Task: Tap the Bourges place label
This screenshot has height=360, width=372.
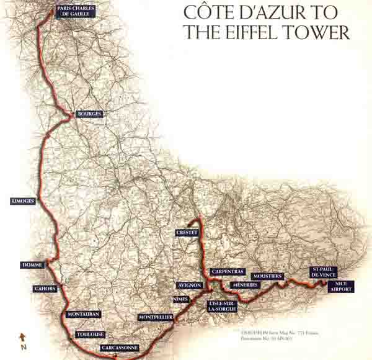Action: tap(89, 114)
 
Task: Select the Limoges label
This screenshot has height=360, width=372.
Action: tap(23, 201)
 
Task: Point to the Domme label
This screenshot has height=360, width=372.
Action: tap(32, 265)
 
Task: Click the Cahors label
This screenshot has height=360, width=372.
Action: tap(45, 289)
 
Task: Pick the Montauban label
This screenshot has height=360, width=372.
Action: tap(83, 315)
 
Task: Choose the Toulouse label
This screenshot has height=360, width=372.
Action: tap(90, 334)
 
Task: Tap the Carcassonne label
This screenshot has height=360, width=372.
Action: tap(119, 348)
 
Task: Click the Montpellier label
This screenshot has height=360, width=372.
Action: tap(155, 317)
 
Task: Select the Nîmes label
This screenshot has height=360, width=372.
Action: tap(180, 299)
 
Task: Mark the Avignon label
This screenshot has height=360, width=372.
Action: tap(190, 285)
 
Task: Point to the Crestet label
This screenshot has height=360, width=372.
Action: tap(187, 232)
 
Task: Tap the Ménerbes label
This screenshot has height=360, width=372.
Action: tap(244, 285)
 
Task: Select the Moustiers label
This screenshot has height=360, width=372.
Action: tap(268, 276)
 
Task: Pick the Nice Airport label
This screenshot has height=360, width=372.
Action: tap(341, 286)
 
